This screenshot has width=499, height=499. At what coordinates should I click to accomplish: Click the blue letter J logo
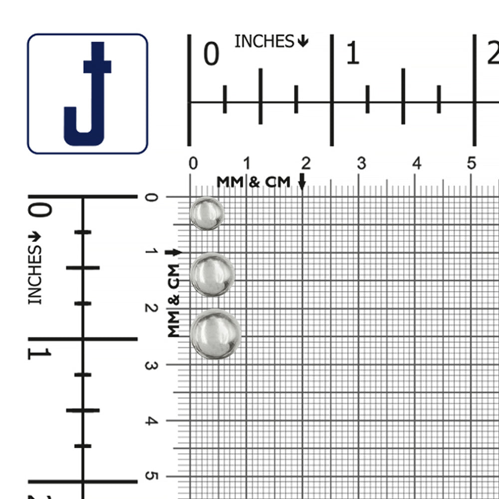click(87, 94)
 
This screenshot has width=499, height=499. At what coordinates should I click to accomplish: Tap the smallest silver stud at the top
click(207, 213)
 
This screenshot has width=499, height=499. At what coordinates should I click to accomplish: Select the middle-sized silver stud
click(212, 274)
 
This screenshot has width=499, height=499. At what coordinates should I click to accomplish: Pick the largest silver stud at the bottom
click(216, 334)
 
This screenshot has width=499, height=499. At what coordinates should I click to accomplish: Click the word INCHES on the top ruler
click(264, 41)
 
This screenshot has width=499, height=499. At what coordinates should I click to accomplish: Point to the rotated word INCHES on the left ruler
click(35, 275)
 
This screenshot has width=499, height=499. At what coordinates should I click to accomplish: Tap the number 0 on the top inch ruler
click(211, 53)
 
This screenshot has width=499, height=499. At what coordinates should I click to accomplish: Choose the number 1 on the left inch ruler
click(39, 354)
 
